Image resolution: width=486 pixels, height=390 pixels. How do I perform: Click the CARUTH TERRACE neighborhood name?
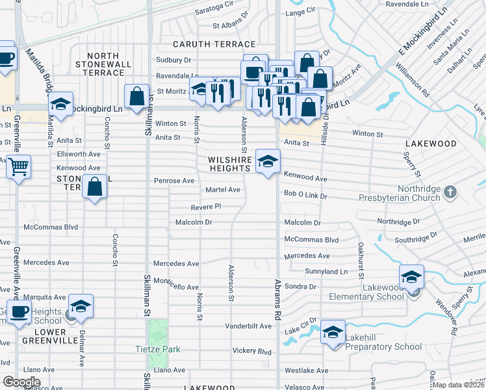click(214, 44)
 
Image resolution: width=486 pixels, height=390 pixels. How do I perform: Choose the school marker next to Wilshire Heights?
click(268, 162)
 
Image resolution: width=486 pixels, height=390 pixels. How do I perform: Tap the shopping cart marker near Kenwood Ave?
click(19, 166)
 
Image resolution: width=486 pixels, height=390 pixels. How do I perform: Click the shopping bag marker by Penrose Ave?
click(95, 187)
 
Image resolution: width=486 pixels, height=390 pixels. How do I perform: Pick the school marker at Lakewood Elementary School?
click(411, 278)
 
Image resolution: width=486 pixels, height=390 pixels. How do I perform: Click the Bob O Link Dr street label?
click(305, 195)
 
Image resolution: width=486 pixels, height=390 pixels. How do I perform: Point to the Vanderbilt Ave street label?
click(248, 326)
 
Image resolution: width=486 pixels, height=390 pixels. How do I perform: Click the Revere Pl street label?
click(206, 207)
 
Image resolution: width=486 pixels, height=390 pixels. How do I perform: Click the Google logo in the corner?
click(21, 382)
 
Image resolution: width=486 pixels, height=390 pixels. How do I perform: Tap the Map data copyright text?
click(459, 385)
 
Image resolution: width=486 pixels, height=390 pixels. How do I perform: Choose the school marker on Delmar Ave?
click(81, 307)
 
